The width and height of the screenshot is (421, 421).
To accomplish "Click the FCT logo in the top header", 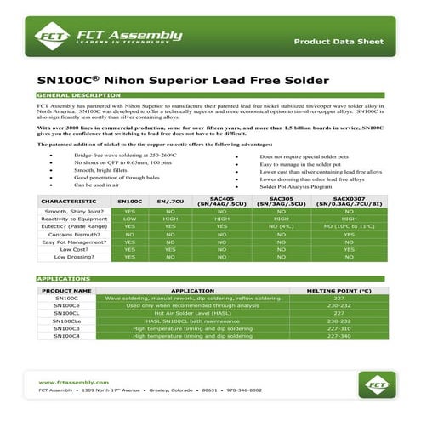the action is [x=49, y=35].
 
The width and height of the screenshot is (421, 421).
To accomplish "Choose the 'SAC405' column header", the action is [x=221, y=202].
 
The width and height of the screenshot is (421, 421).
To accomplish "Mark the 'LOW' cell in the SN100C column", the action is [x=129, y=219].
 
